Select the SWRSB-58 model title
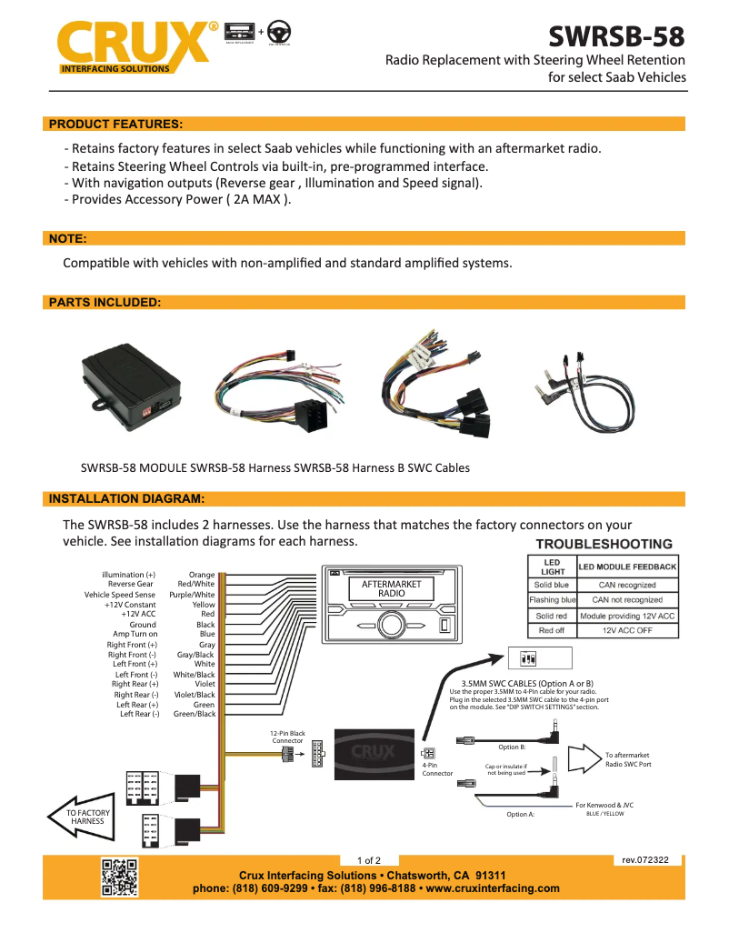click(616, 36)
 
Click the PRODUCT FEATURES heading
click(115, 124)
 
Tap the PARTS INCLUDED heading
click(105, 302)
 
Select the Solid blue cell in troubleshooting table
click(552, 585)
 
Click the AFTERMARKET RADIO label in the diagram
click(391, 588)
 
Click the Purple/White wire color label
click(193, 595)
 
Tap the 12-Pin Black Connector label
click(287, 737)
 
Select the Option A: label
click(521, 815)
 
